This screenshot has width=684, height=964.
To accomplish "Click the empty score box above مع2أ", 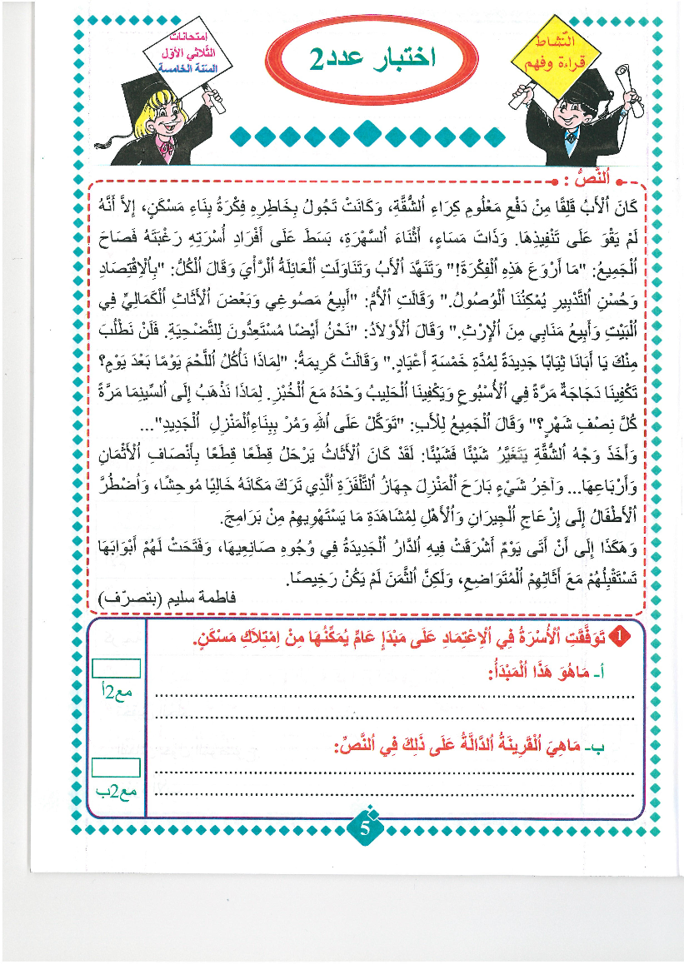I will point(116,668).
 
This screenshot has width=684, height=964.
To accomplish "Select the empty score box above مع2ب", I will point(116,768).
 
